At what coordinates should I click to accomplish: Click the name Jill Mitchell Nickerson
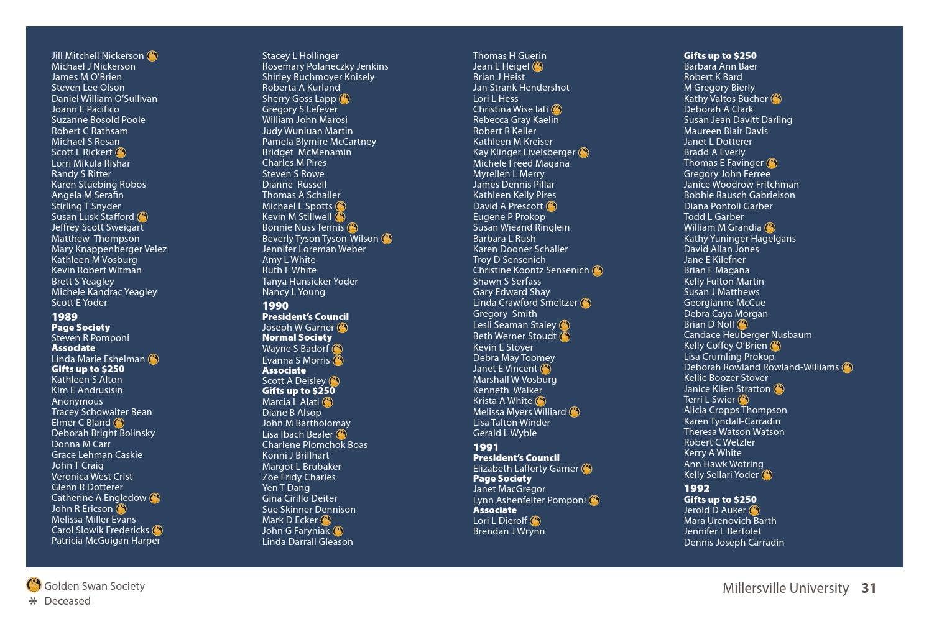coord(98,56)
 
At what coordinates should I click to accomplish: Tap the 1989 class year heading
coord(65,317)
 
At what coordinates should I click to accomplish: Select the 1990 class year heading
coord(275,306)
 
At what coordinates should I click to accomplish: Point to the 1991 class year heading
coord(486,447)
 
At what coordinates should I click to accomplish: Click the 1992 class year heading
coord(696,488)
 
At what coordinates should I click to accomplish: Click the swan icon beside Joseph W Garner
coord(342,328)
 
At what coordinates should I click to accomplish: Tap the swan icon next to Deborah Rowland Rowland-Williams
coord(847,367)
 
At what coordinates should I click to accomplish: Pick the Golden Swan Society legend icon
coord(34,585)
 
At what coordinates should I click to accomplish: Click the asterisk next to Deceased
coord(33,601)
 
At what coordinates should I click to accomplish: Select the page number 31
coord(869,588)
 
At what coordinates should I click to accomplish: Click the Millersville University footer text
coord(785,588)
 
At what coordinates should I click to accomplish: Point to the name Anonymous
coord(77,401)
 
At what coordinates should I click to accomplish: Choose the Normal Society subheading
coord(297,337)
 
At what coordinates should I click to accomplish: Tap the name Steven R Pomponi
coord(90,338)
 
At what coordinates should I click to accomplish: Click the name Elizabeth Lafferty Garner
coord(525,469)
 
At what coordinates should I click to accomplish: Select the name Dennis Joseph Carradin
coord(734,543)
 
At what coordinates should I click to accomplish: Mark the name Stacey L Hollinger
coord(300,56)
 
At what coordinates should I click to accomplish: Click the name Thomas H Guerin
coord(509,56)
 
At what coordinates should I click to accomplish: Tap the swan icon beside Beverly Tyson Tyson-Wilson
coord(387,239)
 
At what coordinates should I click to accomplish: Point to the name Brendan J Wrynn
coord(509,531)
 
